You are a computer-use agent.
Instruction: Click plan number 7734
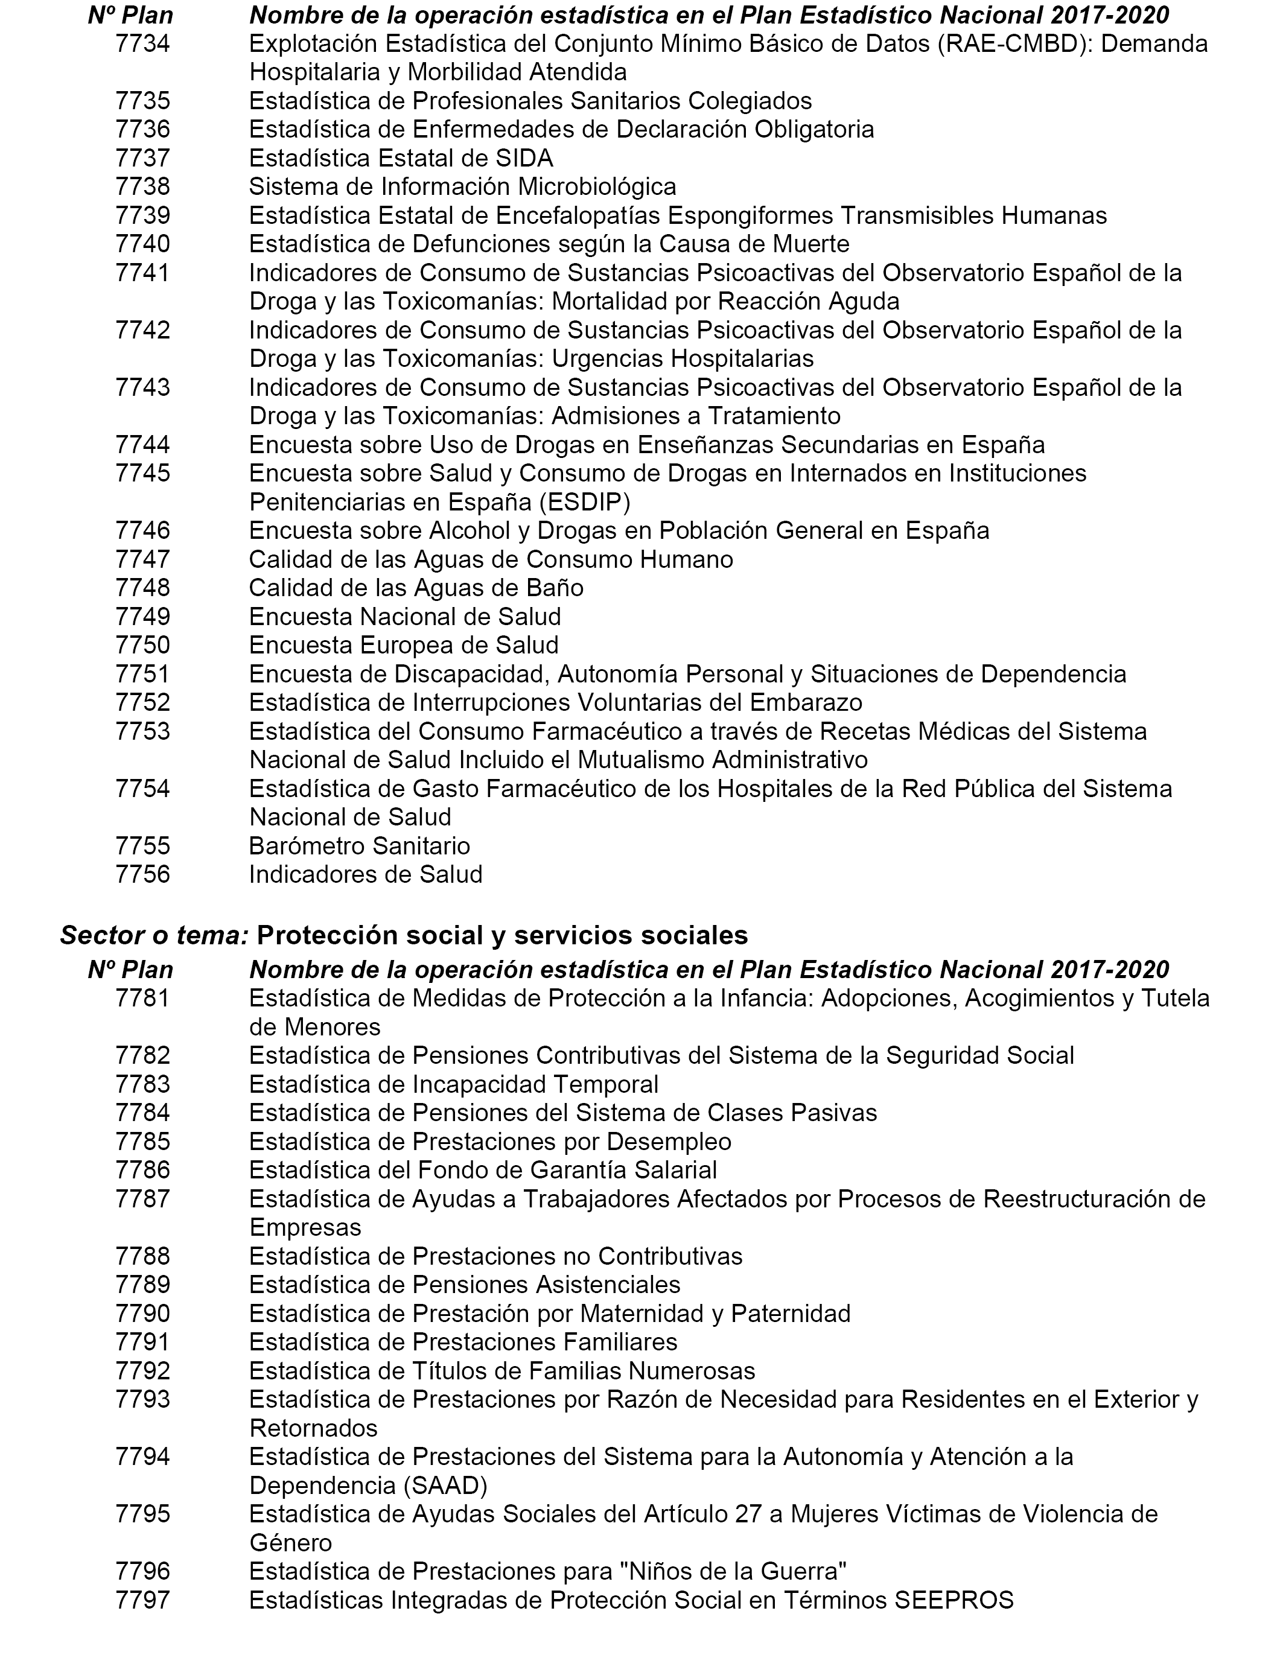[x=143, y=43]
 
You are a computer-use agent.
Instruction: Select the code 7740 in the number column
[x=143, y=244]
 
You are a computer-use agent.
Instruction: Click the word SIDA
[x=524, y=158]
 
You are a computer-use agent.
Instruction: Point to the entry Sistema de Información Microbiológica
[x=462, y=187]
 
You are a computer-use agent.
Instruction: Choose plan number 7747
[x=143, y=559]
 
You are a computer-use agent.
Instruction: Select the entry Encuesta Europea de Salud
[x=403, y=645]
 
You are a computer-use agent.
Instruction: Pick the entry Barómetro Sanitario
[x=359, y=846]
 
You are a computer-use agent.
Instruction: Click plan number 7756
[x=143, y=874]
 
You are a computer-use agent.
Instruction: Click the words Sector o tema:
[x=154, y=935]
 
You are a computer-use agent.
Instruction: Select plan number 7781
[x=143, y=998]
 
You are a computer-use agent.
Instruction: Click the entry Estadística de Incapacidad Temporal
[x=454, y=1084]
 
